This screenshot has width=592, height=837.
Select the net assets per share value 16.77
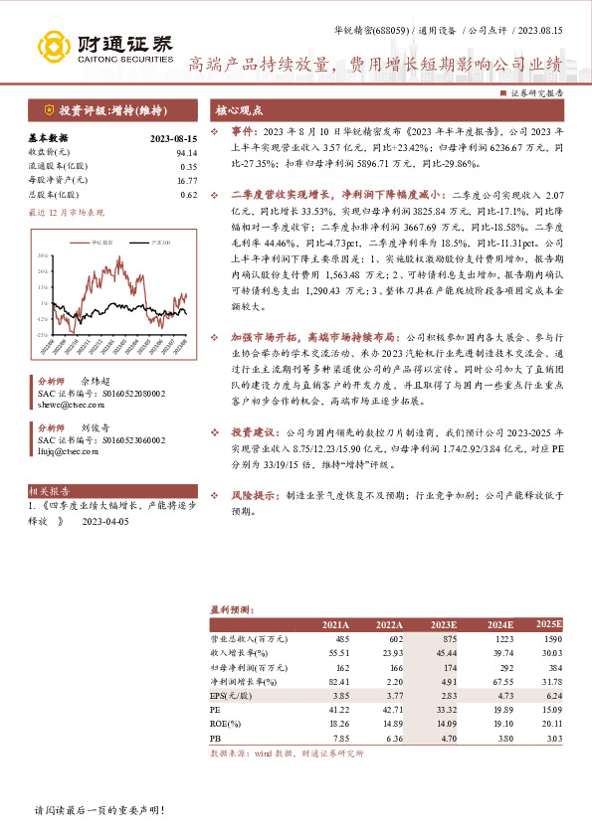point(187,181)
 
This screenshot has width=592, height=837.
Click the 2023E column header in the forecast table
point(443,624)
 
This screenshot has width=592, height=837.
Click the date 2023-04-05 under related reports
point(106,520)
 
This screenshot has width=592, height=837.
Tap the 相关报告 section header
point(50,491)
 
